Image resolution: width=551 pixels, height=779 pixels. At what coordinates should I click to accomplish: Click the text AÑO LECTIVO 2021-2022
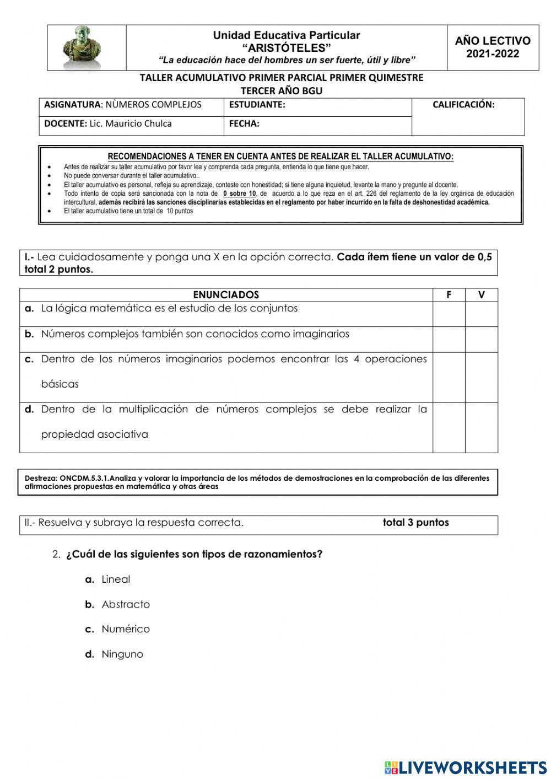(493, 47)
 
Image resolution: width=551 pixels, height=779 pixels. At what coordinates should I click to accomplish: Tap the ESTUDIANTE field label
(257, 105)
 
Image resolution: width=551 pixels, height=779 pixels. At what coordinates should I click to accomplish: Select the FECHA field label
(244, 124)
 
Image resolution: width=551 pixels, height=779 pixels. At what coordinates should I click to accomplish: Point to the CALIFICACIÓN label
(463, 105)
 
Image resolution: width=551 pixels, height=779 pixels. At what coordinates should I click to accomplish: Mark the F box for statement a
(449, 314)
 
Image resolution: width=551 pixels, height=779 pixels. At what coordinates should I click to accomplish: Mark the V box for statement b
(481, 339)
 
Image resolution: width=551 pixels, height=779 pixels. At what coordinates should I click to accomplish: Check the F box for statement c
(449, 377)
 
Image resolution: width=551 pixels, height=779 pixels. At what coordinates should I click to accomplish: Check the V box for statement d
(481, 427)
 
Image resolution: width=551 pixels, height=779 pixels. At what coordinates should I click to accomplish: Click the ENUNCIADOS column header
(226, 295)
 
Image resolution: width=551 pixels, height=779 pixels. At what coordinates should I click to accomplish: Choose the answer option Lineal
(116, 579)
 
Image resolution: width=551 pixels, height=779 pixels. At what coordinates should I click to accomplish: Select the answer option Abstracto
(126, 604)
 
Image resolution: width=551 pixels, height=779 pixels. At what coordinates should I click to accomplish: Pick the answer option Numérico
(126, 629)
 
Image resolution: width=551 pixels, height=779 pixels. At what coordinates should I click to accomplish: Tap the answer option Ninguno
(122, 654)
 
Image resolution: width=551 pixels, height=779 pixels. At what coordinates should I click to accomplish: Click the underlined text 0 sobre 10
(240, 194)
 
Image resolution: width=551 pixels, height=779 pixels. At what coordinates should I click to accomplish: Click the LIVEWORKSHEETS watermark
(466, 767)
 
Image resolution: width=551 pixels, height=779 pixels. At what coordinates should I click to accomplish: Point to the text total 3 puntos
(415, 523)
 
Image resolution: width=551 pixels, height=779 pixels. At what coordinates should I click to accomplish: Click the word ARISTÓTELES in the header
(287, 47)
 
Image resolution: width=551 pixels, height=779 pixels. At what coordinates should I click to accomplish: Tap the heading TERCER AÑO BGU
(282, 91)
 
